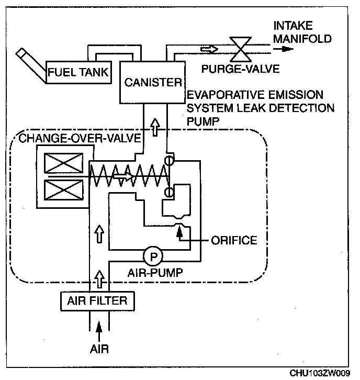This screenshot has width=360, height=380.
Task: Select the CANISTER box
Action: (x=153, y=82)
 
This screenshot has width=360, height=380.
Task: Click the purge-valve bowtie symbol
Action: (x=242, y=49)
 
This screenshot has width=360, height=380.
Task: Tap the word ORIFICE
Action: (x=234, y=241)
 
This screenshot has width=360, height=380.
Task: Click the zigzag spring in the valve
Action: (x=128, y=177)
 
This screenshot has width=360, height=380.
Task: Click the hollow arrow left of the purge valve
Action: (x=208, y=49)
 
